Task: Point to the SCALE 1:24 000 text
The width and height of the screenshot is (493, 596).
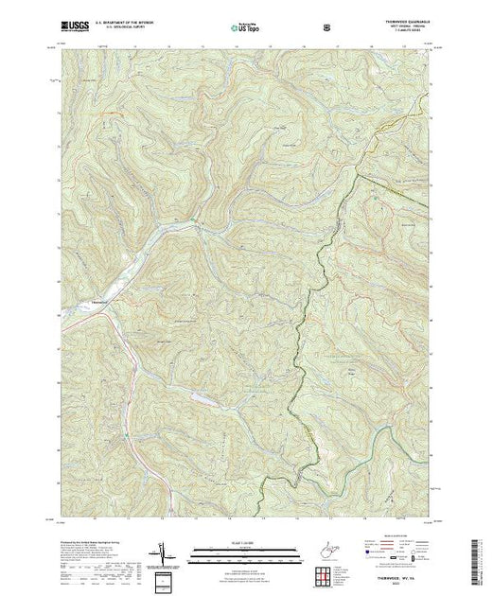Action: [244, 540]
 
